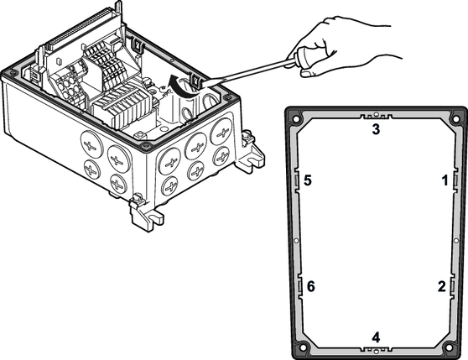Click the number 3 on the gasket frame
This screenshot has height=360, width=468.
coord(376,129)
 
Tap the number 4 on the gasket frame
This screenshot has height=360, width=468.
coord(376,337)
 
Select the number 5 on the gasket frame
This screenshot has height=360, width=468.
coord(308,180)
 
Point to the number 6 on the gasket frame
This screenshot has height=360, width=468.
coord(311,286)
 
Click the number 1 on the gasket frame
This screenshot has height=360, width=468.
coord(445,180)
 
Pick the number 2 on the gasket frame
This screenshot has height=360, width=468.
coord(442,286)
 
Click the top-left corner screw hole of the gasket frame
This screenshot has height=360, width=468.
coord(296,119)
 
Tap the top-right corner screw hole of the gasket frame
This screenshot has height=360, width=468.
coord(455,119)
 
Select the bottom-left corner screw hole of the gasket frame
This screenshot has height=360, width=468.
coord(304,347)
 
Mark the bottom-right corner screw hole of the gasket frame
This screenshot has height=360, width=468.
coord(449,347)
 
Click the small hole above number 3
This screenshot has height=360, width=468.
coord(376,114)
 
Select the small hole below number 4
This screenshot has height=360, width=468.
coord(376,352)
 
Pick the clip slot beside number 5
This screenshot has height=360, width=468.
coord(297,180)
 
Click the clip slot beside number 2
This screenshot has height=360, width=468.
coord(452,286)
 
